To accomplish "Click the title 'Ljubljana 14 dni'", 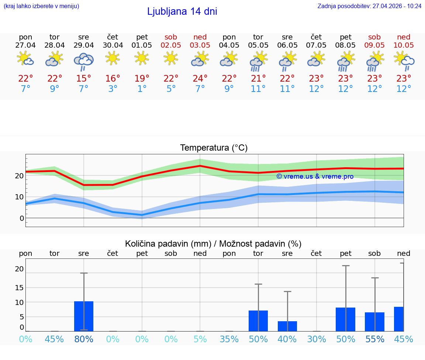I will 182,11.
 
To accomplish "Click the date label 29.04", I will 84,45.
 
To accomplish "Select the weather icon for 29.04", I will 84,61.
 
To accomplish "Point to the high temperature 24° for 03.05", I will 200,79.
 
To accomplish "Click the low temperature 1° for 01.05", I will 142,89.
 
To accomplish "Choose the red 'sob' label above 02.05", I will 171,37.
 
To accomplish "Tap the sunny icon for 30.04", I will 113,58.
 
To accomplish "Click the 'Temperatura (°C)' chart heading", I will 214,148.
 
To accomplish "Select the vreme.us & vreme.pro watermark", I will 315,176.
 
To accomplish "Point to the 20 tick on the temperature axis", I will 19,176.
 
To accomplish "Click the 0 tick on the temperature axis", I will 22,218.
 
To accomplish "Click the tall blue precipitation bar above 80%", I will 84,316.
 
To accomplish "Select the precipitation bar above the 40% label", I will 287,326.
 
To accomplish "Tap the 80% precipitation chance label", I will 84,339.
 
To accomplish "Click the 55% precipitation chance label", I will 375,339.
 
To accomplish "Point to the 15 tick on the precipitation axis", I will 19,288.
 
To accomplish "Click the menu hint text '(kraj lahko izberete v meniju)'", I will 41,6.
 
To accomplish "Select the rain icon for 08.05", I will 346,61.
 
